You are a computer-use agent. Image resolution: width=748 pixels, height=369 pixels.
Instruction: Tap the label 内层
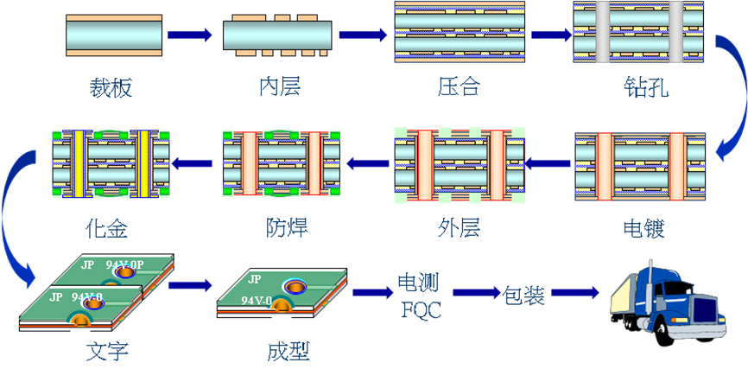280,87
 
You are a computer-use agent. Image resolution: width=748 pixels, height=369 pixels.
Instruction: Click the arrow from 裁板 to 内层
189,35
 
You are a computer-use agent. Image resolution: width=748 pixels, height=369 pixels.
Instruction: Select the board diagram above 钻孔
639,35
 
